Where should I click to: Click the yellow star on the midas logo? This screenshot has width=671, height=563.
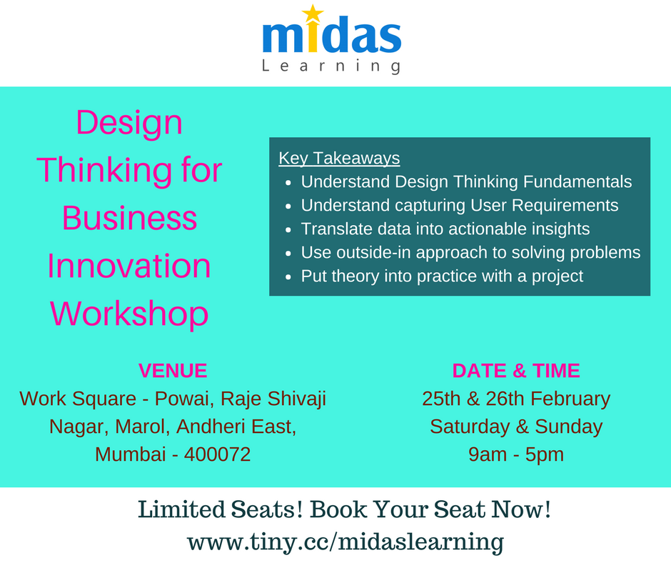coord(313,14)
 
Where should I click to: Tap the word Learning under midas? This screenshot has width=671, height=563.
coord(331,66)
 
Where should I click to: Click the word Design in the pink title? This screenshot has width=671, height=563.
coord(129,122)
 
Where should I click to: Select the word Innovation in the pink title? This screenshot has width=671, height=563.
coord(129,266)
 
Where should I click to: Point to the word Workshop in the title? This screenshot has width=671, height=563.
coord(129,314)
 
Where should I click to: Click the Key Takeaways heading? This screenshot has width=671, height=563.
coord(339,158)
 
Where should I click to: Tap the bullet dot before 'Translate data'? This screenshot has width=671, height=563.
coord(288,230)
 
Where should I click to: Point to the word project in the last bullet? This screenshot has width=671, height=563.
coord(556,276)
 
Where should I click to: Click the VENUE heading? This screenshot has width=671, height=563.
coord(173,371)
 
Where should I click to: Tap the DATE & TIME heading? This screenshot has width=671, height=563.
coord(516,371)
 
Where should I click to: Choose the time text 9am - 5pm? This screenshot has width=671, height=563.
coord(516,454)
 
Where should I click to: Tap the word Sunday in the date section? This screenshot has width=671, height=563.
coord(569,427)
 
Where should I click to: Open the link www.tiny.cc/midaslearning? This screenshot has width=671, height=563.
coord(345,541)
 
